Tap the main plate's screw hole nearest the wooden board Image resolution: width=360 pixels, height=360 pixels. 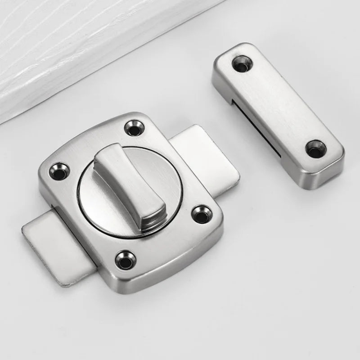click(133, 128)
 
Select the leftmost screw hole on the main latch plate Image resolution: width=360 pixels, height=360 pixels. click(59, 171)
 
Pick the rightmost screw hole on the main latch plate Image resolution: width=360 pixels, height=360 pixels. click(201, 214)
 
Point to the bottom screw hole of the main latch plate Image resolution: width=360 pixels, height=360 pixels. click(125, 260)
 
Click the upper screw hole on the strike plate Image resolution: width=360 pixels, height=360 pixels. click(242, 64)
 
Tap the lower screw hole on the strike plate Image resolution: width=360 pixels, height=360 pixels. click(315, 148)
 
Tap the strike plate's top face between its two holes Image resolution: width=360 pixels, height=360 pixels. click(279, 106)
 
